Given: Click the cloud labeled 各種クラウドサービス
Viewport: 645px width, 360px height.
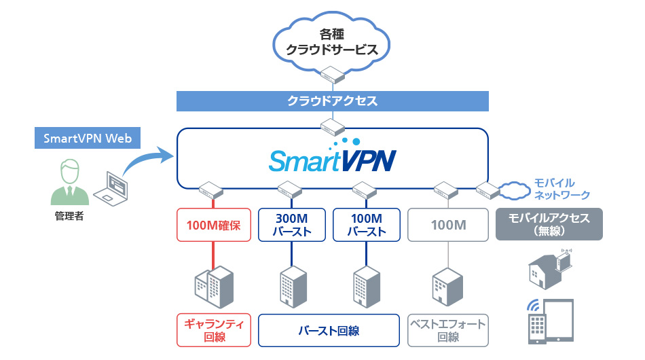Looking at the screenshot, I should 333,42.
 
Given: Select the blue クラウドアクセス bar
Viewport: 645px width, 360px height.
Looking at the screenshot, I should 332,101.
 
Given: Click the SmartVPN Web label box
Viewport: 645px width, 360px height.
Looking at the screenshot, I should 87,139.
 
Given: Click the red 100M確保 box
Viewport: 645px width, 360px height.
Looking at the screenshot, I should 215,224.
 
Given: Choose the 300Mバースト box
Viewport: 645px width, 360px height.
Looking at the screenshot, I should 294,224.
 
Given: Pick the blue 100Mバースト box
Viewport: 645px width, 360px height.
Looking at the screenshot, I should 367,224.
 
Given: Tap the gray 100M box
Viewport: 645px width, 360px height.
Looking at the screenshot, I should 447,224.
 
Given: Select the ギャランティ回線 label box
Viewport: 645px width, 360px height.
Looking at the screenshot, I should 215,330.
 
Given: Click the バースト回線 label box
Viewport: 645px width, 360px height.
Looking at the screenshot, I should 329,330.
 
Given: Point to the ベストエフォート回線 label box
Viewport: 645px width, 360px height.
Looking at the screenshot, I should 447,330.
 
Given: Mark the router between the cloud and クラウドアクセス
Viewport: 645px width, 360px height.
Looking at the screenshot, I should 332,75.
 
